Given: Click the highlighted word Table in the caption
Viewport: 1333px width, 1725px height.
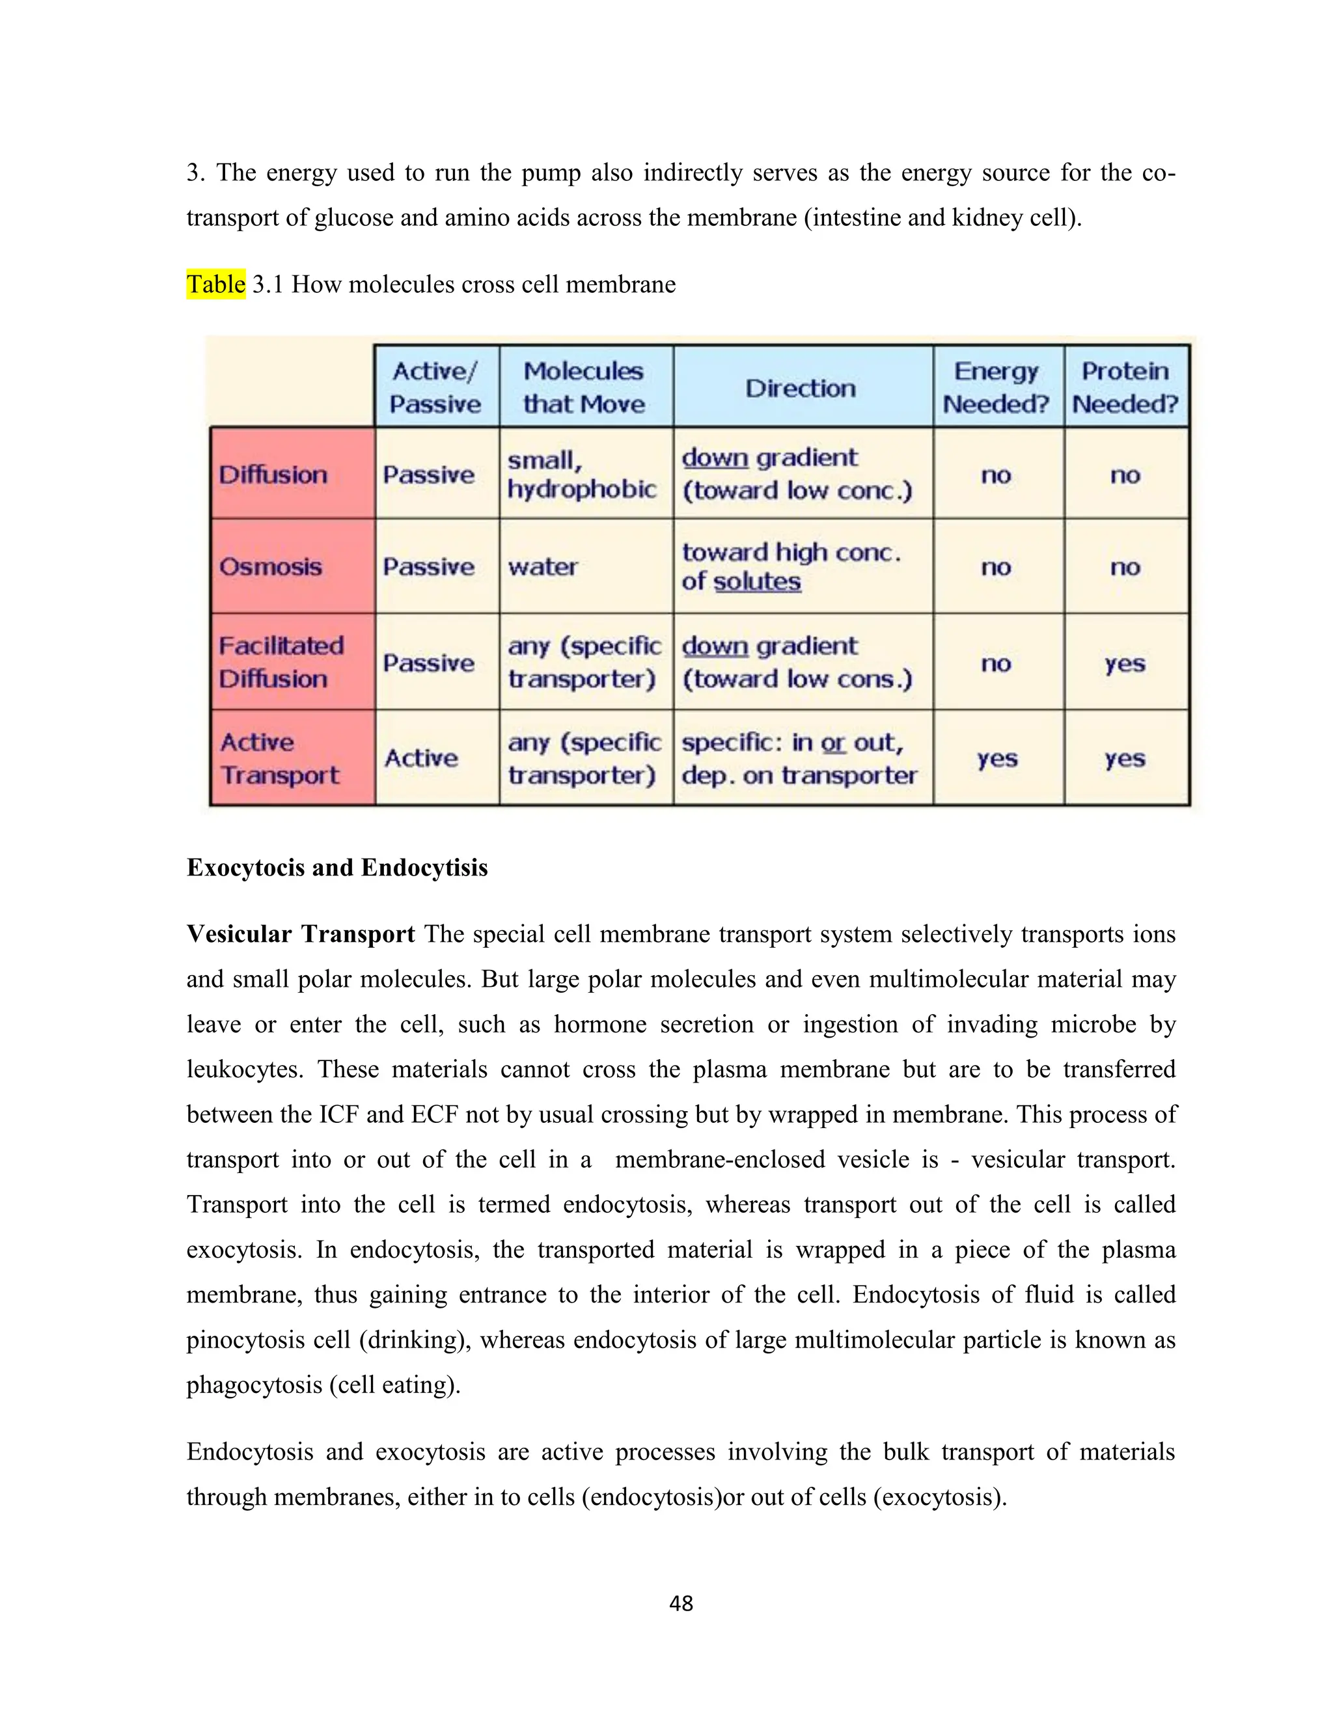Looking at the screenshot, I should click(215, 284).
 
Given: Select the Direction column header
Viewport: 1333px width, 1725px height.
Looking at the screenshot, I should click(801, 388).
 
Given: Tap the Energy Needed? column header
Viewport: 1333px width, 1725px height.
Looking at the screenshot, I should click(996, 387).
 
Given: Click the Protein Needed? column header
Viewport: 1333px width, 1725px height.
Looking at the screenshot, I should click(1125, 387).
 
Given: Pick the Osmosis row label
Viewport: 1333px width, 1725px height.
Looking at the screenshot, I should click(271, 566).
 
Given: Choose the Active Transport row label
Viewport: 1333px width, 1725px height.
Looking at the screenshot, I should click(279, 758).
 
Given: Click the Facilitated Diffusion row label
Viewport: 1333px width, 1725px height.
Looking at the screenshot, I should click(281, 662).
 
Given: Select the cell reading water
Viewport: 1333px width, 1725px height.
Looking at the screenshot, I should click(543, 566).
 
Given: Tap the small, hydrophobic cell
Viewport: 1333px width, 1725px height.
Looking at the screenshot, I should click(581, 474).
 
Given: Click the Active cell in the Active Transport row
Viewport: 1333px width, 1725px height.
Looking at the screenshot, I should click(421, 758).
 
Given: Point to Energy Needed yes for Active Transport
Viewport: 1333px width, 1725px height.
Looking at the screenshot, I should click(996, 758).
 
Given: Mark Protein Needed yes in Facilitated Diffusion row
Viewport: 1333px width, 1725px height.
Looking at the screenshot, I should click(1125, 663).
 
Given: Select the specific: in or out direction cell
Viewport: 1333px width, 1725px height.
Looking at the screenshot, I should click(799, 758).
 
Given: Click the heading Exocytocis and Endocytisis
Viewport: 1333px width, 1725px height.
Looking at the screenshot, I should click(337, 867).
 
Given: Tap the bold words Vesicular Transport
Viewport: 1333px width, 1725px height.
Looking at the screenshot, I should click(300, 933).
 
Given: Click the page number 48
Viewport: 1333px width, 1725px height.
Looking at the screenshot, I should click(681, 1603).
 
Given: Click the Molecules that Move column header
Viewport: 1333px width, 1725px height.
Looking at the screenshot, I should click(584, 387).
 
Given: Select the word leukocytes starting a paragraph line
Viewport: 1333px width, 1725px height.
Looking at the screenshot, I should click(245, 1069).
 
